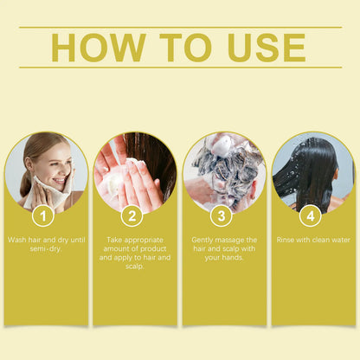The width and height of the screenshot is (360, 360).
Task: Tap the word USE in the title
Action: [267, 48]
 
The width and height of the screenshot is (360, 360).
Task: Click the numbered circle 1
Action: [43, 215]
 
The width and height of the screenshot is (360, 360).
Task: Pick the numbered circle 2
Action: [132, 215]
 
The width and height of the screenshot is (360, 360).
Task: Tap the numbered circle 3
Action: [222, 215]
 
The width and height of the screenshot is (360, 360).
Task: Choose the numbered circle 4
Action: [311, 215]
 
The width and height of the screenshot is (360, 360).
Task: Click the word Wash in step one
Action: [17, 240]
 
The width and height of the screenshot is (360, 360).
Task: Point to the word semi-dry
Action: [46, 249]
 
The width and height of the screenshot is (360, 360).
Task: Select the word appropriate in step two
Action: [144, 240]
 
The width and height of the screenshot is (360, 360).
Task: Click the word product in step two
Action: [151, 249]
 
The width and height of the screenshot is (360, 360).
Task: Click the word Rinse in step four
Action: [286, 240]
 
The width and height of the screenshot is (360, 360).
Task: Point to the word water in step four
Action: [341, 240]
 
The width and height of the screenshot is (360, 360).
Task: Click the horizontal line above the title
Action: [181, 28]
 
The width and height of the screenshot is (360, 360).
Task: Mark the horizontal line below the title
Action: [181, 67]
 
